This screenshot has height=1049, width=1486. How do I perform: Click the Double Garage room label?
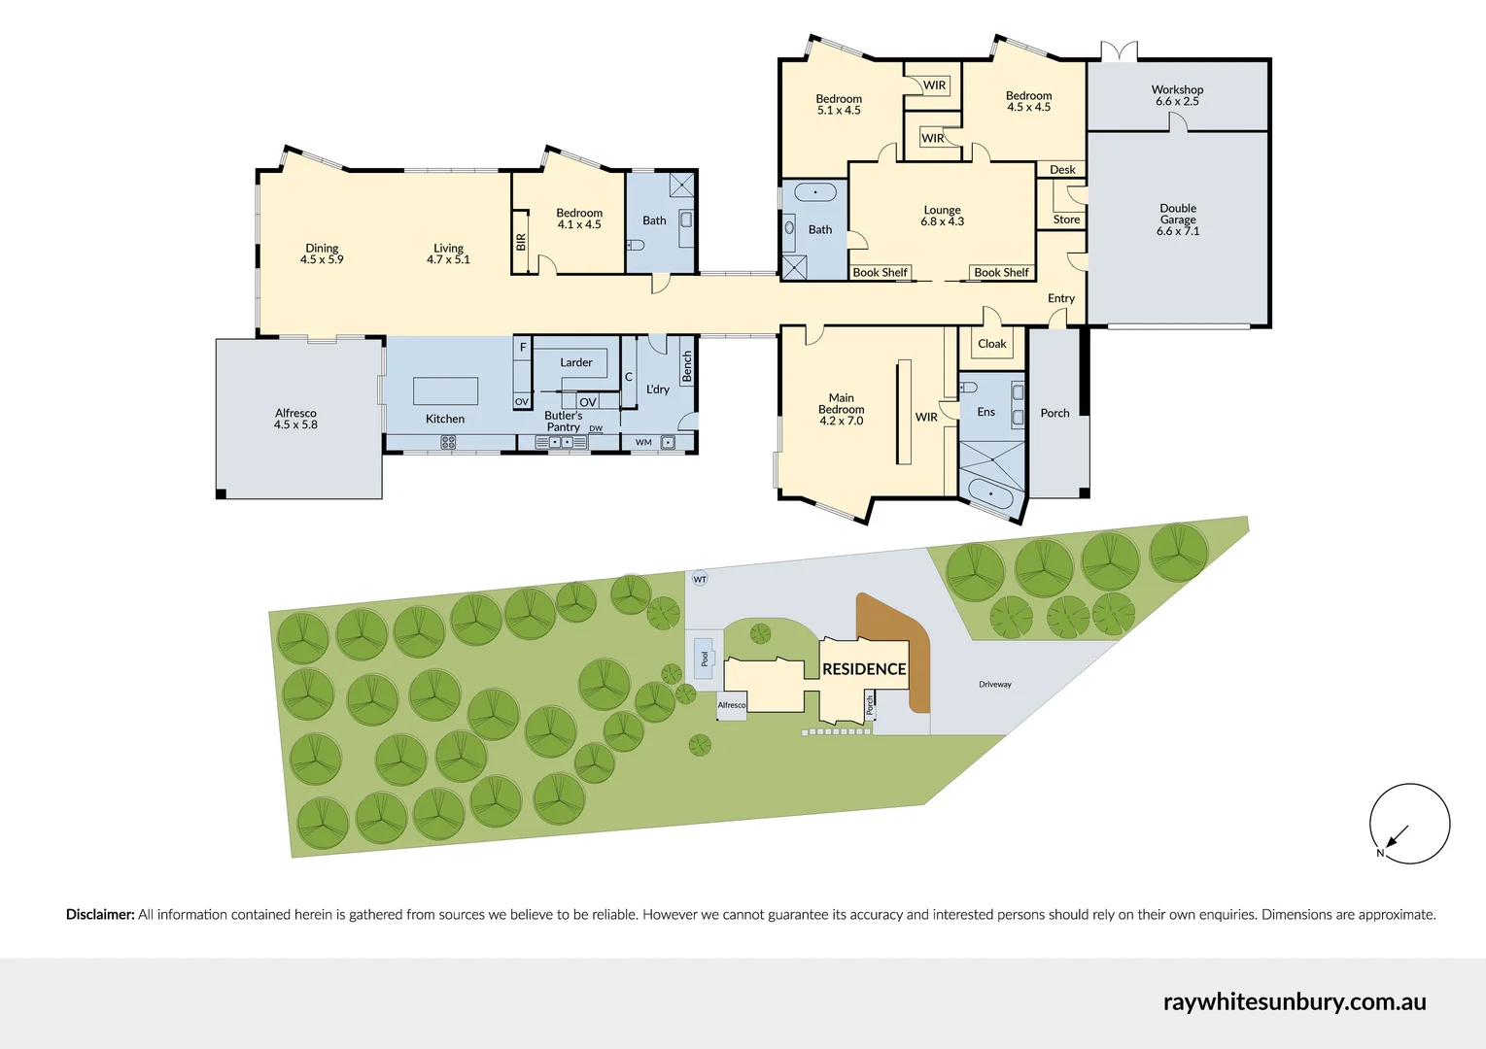tap(1178, 220)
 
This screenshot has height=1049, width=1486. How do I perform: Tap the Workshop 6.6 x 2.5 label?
tap(1177, 95)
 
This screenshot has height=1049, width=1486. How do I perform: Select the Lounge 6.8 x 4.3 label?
tap(942, 216)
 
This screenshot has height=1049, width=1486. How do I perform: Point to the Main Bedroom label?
tap(841, 409)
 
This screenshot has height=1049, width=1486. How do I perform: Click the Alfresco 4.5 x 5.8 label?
tap(295, 419)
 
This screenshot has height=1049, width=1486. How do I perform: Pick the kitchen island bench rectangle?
tap(445, 390)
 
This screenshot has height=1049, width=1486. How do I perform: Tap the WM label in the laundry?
tap(643, 442)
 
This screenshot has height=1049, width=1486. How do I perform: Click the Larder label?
tap(575, 362)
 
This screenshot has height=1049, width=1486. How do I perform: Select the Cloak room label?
tap(991, 344)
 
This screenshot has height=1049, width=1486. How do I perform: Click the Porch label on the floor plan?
tap(1054, 413)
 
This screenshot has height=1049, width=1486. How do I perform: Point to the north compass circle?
tap(1409, 824)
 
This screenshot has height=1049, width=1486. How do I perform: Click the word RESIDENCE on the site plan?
tap(864, 669)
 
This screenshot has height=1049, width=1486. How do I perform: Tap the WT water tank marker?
tap(700, 579)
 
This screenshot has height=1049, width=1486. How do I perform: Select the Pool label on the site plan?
tap(705, 659)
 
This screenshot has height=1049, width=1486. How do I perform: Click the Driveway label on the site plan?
tap(994, 685)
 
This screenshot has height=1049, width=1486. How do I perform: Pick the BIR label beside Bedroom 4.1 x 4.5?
tap(521, 242)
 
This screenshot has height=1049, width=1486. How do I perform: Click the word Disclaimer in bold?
tap(100, 914)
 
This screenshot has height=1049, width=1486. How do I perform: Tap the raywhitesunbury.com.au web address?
tap(1294, 1001)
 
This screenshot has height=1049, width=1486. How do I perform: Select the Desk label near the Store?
tap(1062, 170)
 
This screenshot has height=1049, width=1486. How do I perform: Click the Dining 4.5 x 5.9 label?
tap(322, 254)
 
